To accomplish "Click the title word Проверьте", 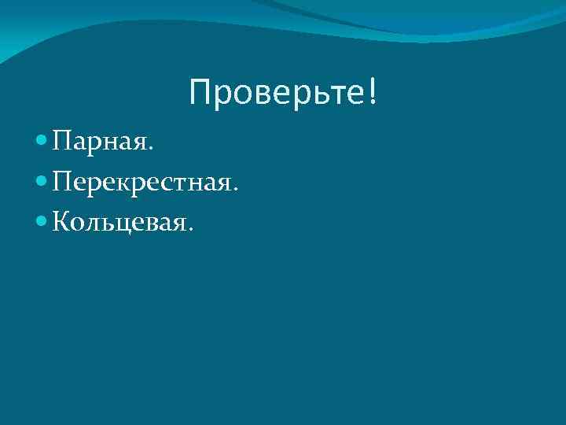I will tap(276, 94).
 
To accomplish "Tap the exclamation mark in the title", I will tap(371, 93).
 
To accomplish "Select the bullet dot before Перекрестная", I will tap(42, 183).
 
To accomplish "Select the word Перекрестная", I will tap(141, 184).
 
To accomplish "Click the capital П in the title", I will tap(200, 94).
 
